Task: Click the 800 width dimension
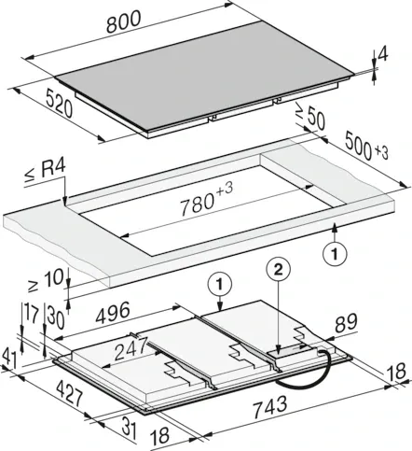(x=124, y=21)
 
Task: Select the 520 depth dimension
(x=59, y=103)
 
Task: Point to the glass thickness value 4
(x=383, y=55)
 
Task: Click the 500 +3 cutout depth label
(x=366, y=146)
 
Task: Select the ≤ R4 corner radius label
(x=46, y=172)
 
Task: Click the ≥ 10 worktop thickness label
(x=46, y=279)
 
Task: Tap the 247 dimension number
(x=130, y=348)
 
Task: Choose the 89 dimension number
(x=347, y=323)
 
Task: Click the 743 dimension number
(x=270, y=407)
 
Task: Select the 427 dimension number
(x=70, y=394)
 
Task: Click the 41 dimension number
(x=10, y=356)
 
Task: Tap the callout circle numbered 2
(x=278, y=270)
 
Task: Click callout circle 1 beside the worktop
(x=335, y=255)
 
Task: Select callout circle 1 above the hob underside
(x=220, y=284)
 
